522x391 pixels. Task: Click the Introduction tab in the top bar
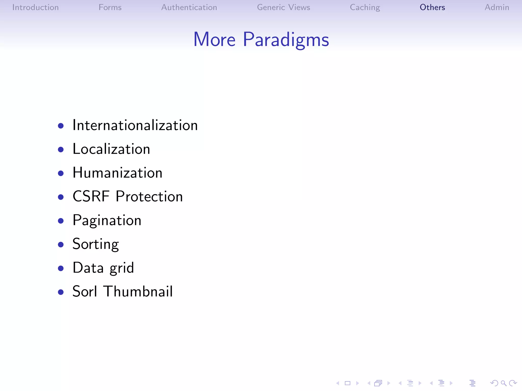click(x=35, y=7)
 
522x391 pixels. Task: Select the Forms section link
click(x=110, y=7)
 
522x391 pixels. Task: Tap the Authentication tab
click(x=189, y=7)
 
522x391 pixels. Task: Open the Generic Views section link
click(x=283, y=7)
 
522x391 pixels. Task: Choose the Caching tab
click(x=365, y=7)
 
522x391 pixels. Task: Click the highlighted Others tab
click(x=432, y=7)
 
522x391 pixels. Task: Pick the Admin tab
click(x=497, y=7)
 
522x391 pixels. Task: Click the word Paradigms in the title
click(x=286, y=40)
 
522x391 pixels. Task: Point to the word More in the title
click(x=214, y=40)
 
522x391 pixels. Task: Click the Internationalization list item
click(x=135, y=125)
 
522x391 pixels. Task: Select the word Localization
click(x=111, y=149)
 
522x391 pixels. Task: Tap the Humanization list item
click(x=117, y=173)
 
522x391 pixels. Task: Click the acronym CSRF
click(x=91, y=197)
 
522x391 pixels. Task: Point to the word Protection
click(x=149, y=197)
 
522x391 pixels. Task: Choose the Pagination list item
click(x=107, y=220)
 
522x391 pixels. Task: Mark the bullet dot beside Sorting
click(x=61, y=245)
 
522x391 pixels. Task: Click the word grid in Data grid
click(x=122, y=268)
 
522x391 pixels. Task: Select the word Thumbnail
click(x=138, y=291)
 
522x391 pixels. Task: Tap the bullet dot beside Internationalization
click(x=61, y=126)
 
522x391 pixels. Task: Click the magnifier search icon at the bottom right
click(x=503, y=383)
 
